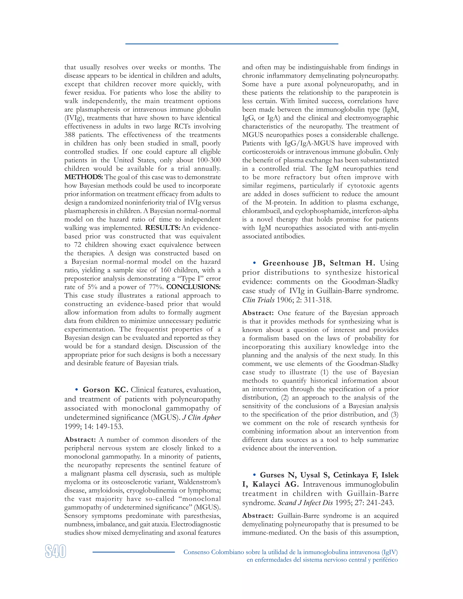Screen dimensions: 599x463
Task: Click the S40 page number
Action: click(55, 551)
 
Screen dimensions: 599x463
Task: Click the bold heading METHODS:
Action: click(83, 177)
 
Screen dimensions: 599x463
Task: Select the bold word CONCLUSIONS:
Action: click(193, 287)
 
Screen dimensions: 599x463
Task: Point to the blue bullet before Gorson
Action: click(77, 390)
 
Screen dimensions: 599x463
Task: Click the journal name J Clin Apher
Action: click(201, 417)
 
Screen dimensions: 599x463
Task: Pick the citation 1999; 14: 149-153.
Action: click(94, 427)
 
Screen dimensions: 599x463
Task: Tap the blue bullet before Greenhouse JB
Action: click(255, 263)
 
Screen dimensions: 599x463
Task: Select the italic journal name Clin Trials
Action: click(258, 300)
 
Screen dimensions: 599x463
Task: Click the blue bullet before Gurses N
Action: click(255, 475)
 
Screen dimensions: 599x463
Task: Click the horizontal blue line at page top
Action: click(231, 44)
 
